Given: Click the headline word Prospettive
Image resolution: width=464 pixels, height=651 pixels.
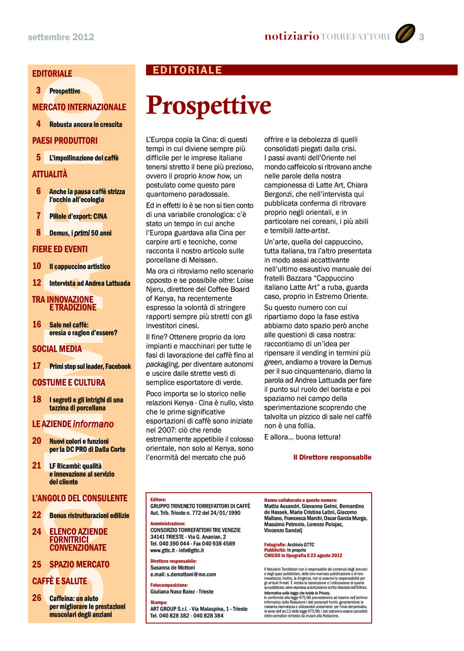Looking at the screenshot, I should coord(209,105).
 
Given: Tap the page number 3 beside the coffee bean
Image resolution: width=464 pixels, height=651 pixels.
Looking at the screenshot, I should coord(421,37).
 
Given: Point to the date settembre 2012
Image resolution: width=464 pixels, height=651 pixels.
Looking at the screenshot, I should coord(61,37).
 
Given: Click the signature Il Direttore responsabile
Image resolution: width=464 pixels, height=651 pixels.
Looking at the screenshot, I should coord(332,457).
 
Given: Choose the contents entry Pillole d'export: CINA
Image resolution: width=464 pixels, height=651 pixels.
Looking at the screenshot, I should coord(78,216).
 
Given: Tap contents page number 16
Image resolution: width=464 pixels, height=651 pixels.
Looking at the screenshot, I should coord(37,324).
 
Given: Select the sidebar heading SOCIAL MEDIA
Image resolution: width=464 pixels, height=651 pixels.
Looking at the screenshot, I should coord(57,349).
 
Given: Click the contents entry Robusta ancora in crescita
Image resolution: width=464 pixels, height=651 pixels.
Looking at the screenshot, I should coord(86,124).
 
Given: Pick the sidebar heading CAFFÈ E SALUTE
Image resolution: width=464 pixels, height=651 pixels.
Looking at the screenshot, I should coord(59,581).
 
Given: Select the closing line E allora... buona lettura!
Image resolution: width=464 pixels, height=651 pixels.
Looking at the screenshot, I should coord(302,437).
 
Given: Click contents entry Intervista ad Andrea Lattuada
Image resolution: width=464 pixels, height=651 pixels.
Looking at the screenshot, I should coord(90,283).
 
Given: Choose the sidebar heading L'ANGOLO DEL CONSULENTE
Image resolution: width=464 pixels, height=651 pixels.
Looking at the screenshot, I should coord(80,498).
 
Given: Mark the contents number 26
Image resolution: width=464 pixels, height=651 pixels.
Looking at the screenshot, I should coord(37,598).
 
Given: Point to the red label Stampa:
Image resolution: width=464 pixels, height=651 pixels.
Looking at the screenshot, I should coord(158,603).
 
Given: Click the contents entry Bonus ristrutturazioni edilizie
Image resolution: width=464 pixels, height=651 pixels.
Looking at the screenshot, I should coord(90,515).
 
